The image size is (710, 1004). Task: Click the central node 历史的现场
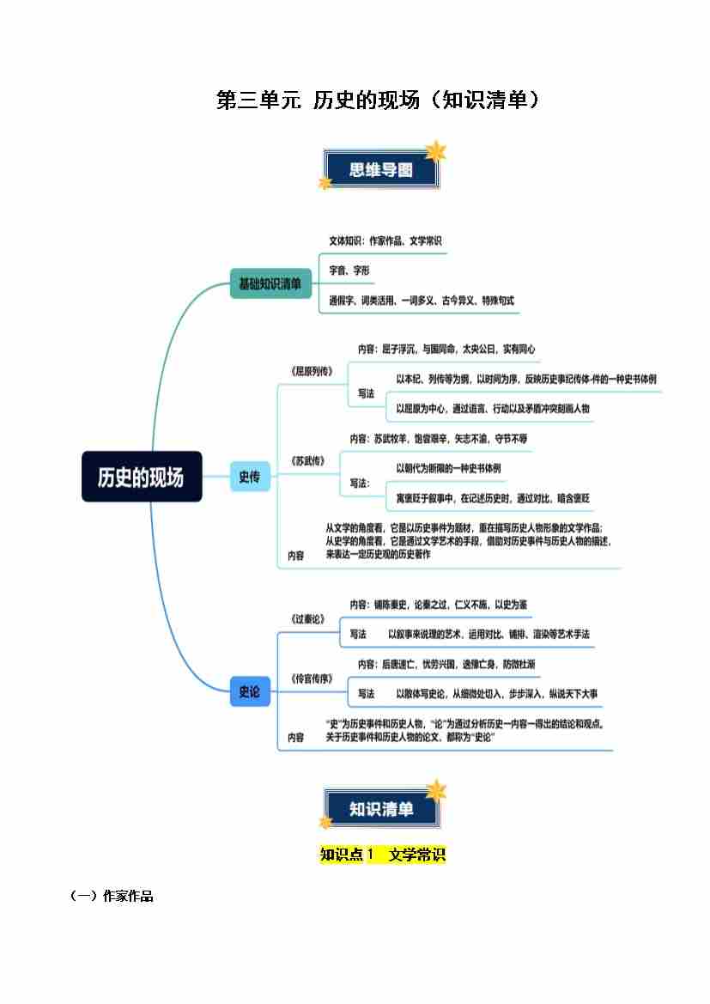142,477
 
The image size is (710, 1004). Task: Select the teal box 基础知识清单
270,283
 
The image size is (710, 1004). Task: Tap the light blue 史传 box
249,477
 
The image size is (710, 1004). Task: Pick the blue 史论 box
249,691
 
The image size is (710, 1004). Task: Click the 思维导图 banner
380,170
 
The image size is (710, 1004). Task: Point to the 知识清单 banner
380,809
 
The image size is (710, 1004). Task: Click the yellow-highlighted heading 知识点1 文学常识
383,855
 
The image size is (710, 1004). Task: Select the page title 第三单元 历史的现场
379,100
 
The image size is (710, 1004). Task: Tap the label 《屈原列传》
312,371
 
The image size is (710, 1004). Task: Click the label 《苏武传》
308,460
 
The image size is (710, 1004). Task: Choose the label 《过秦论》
308,618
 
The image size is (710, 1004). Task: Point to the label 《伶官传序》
312,678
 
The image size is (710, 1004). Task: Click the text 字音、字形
349,270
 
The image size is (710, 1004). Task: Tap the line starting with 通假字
422,301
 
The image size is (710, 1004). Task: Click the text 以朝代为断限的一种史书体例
449,468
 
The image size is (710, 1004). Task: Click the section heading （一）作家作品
112,897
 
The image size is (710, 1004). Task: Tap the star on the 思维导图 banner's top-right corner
436,152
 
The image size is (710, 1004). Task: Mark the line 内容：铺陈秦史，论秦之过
439,605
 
